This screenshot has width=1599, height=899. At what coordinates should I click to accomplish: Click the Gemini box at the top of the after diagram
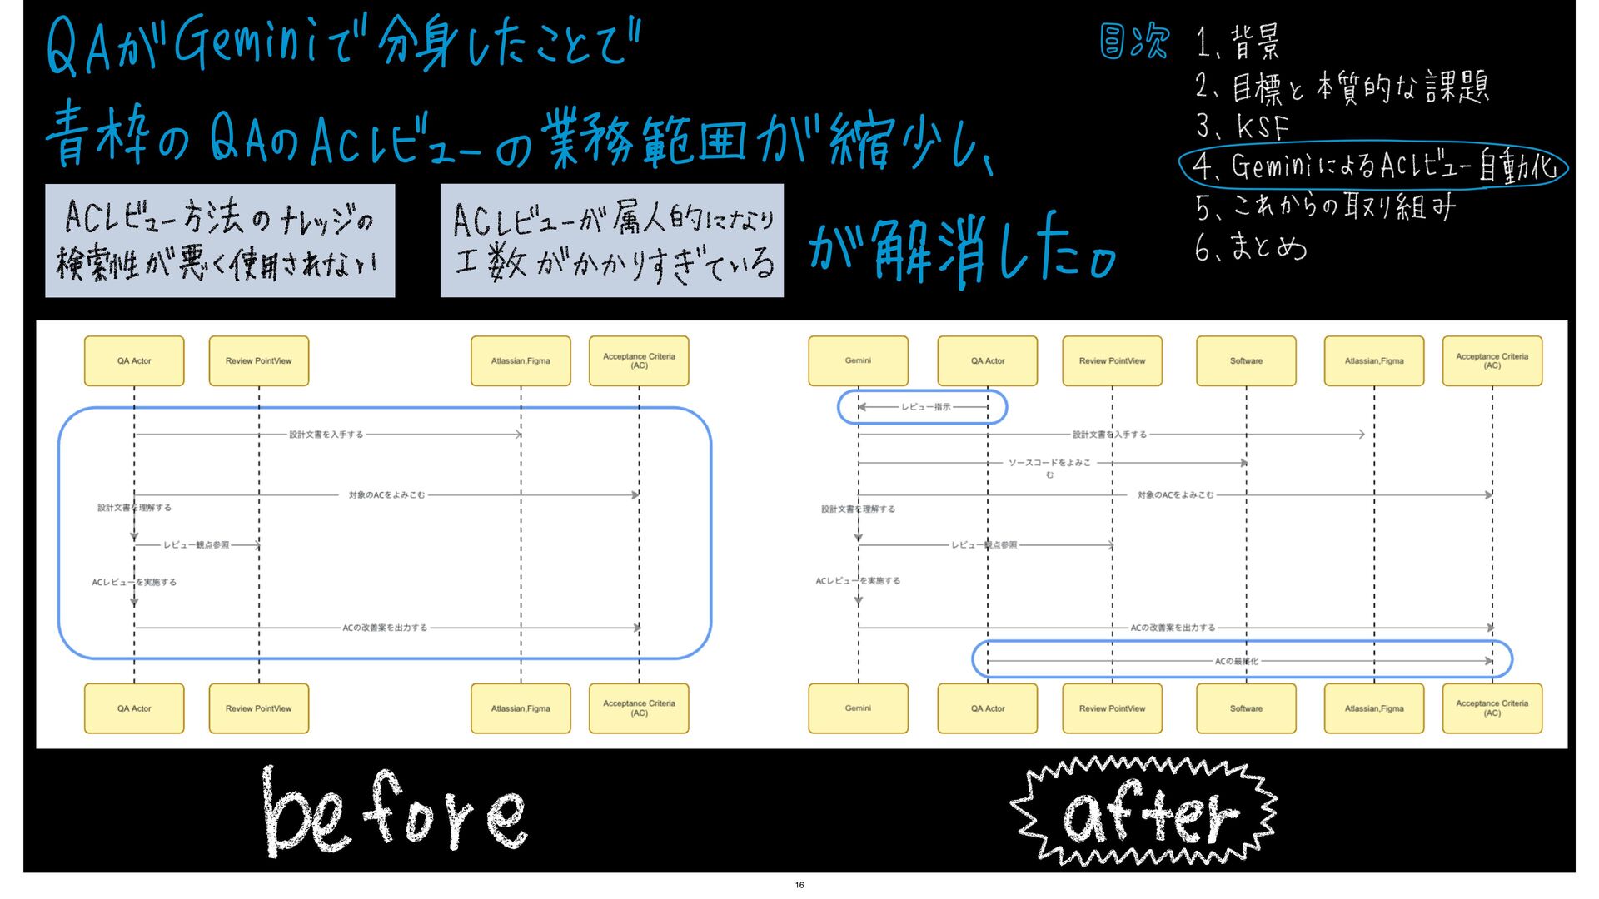click(858, 360)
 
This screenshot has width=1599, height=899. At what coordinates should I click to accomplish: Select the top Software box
click(1246, 360)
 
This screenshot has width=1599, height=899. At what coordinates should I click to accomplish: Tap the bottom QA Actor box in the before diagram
click(134, 708)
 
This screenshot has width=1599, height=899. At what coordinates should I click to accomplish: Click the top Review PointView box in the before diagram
click(258, 360)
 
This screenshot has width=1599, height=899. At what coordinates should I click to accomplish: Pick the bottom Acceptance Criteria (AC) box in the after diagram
click(1492, 708)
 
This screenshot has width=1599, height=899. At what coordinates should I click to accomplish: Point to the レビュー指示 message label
click(925, 407)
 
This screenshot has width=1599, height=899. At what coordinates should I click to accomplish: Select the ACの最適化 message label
click(1236, 662)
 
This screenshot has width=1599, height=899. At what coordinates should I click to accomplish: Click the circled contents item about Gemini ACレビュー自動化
click(1374, 166)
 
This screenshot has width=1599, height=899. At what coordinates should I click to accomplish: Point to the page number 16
click(799, 885)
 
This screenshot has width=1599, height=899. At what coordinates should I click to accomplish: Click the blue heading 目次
click(1134, 42)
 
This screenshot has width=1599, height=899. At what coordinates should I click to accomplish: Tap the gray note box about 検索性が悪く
click(220, 241)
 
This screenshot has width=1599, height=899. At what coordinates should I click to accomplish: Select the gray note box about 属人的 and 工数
click(612, 241)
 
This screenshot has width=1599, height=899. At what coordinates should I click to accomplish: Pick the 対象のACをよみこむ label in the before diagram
click(386, 495)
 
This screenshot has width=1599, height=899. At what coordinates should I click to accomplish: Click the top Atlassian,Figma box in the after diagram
click(1374, 360)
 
